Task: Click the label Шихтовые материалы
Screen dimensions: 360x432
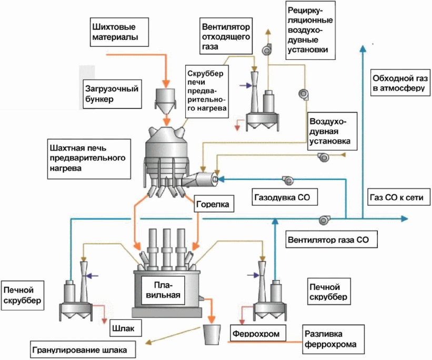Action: [109, 32]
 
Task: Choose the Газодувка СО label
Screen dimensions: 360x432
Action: [278, 198]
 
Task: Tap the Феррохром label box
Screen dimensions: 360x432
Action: [255, 333]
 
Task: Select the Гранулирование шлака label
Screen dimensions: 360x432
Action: [83, 348]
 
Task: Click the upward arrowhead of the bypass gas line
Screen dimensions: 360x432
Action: [361, 48]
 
